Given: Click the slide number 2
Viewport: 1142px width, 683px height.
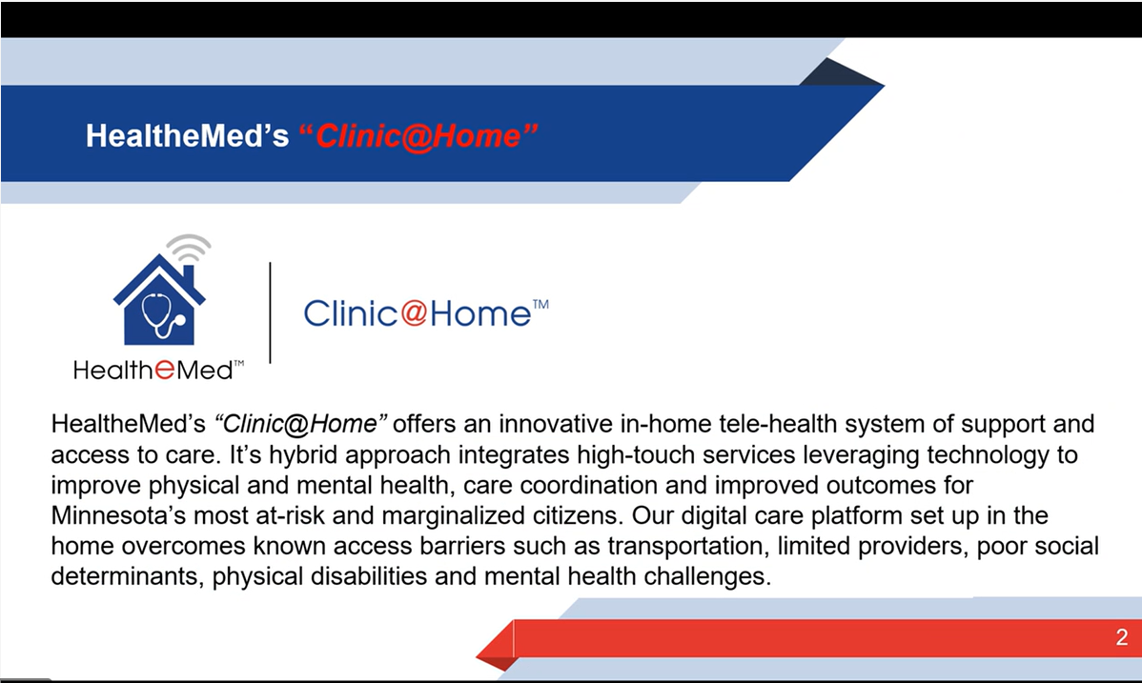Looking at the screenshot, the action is point(1122,637).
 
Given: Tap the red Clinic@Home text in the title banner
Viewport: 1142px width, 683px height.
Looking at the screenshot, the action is point(418,136).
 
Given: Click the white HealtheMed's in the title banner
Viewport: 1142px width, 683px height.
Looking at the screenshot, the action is point(187,136).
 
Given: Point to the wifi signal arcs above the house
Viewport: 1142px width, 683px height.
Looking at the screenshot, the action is point(189,248).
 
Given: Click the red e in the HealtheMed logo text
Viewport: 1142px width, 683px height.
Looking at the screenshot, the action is point(165,370).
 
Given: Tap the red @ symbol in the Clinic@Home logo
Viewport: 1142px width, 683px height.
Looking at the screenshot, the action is point(414,313).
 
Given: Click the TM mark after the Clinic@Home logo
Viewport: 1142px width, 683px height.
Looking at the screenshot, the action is point(540,305).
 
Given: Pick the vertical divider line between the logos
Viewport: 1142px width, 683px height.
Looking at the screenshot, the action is point(270,312).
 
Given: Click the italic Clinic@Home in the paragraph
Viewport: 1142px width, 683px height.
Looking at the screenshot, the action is point(300,424).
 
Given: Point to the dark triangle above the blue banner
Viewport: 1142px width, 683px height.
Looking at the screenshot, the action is point(840,72).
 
